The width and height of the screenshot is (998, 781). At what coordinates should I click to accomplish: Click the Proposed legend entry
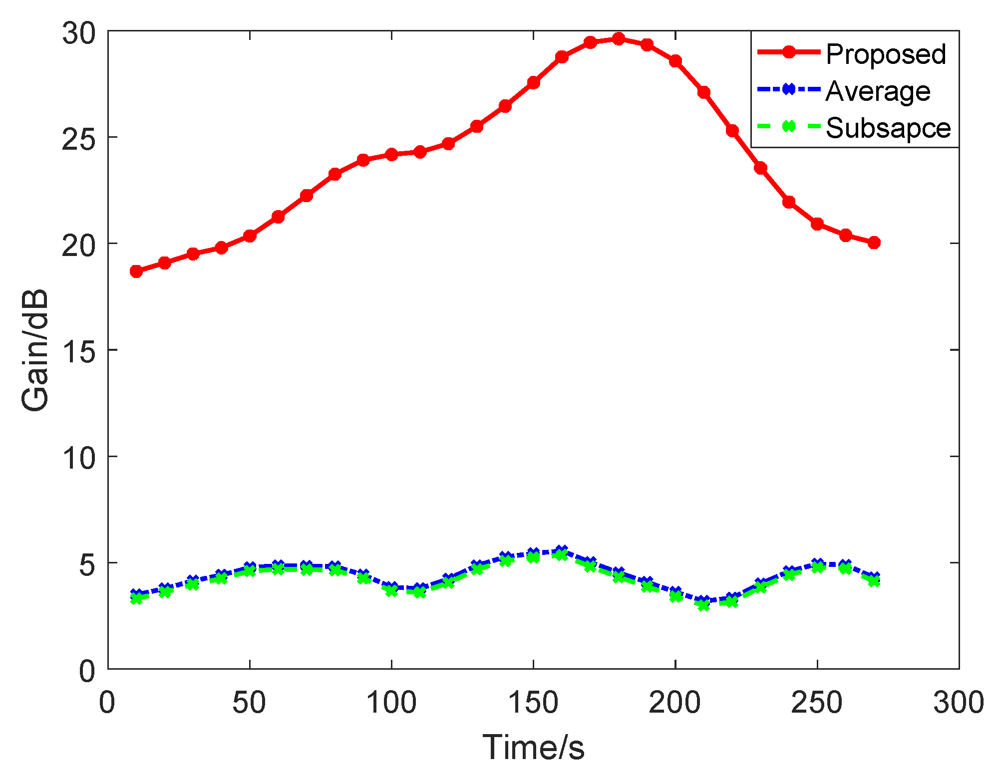(885, 54)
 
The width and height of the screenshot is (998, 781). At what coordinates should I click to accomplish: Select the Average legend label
(878, 91)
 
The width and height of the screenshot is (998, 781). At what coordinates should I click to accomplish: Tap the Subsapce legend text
(888, 128)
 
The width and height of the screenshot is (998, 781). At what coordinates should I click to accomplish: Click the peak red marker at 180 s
(619, 38)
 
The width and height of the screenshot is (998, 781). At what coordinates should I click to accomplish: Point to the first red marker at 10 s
(136, 271)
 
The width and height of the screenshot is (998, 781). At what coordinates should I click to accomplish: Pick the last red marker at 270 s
(874, 243)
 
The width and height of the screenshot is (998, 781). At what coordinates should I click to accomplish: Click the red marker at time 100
(391, 154)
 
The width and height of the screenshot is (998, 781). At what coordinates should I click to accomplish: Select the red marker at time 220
(732, 131)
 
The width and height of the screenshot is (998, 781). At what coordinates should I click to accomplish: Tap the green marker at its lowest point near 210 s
(703, 605)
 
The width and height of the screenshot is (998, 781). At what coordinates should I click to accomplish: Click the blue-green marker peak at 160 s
(562, 552)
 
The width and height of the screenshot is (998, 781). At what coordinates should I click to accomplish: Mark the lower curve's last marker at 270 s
(874, 579)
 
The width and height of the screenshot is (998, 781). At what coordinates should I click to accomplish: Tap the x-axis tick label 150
(533, 703)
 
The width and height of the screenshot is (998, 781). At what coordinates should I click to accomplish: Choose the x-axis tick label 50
(249, 703)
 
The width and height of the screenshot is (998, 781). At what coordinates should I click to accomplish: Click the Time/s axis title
(533, 748)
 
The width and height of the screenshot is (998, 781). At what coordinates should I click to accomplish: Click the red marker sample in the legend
(788, 52)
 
